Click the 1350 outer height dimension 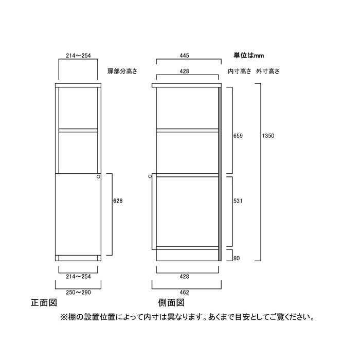268,136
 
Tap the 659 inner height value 238,136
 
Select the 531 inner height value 238,201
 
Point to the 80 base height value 237,258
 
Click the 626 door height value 118,201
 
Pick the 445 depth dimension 184,56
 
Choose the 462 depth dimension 184,292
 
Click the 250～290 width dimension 78,292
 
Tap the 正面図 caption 44,302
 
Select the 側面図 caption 171,302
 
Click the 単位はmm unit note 248,56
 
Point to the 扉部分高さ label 122,71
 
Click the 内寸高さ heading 240,71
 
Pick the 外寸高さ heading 268,71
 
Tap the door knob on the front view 98,176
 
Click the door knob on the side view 150,176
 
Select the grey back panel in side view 220,174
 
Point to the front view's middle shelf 78,131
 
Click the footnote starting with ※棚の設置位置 187,317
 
